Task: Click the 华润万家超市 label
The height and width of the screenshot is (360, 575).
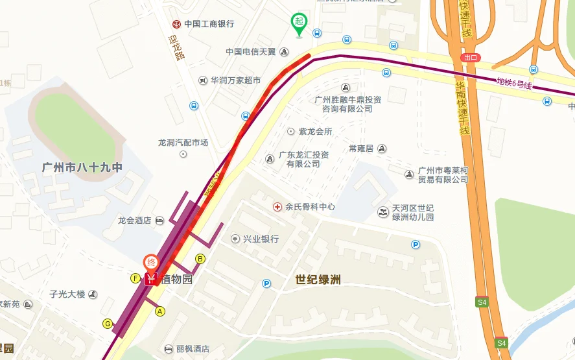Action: point(235,80)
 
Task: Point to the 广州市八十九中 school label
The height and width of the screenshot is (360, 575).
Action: point(82,167)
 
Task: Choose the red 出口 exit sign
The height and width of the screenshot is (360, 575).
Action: point(471,57)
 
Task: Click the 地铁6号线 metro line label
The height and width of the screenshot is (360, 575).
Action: point(514,83)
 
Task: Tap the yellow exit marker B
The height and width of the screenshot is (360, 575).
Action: point(200,259)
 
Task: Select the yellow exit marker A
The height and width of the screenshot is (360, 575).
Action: point(159,311)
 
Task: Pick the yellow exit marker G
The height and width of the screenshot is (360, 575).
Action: point(108,324)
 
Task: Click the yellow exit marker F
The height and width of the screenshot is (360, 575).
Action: point(135,278)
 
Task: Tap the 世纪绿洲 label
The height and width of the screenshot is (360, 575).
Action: point(318,280)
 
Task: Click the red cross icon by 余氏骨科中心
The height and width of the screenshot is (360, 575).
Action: point(277,206)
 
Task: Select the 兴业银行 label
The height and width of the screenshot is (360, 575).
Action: point(260,239)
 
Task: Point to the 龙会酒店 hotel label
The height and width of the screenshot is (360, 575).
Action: point(134,221)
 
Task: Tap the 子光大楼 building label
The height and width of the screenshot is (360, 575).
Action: point(67,294)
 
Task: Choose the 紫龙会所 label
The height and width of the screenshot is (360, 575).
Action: point(315,131)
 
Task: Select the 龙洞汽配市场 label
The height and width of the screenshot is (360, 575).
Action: point(183,142)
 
